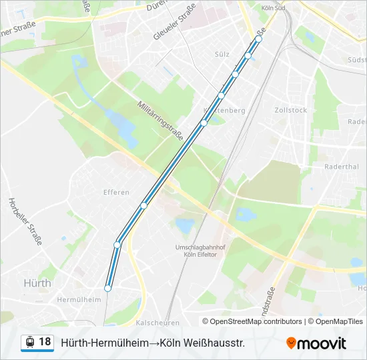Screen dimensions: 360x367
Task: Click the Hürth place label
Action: (37, 283)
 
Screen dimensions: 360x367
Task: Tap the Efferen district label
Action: (116, 193)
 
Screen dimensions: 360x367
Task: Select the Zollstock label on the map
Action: (290, 109)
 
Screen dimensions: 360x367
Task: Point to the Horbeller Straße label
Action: (25, 220)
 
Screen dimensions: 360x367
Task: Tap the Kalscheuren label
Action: (157, 322)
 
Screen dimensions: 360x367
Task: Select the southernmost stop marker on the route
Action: (107, 288)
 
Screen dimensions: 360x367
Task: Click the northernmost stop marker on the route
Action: (259, 39)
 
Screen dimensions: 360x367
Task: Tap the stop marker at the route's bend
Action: (117, 245)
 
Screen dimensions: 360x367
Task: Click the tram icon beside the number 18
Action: (30, 342)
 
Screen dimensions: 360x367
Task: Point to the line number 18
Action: (45, 342)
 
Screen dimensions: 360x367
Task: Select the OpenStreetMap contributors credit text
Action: (256, 321)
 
